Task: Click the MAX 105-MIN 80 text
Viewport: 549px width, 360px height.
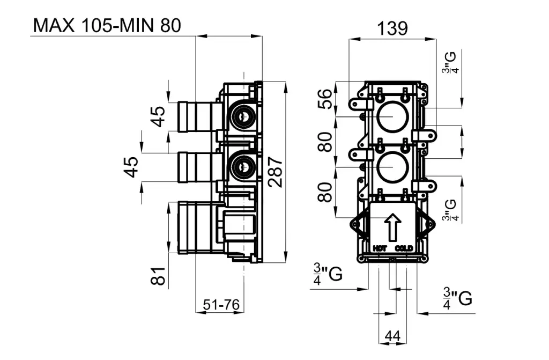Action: point(107,25)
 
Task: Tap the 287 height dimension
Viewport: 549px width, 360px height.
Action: point(275,172)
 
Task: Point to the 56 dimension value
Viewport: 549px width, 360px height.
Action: point(325,99)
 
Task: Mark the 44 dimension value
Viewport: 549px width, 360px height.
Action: point(393,336)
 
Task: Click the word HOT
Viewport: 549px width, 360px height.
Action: point(380,248)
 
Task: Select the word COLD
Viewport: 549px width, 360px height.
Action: point(403,248)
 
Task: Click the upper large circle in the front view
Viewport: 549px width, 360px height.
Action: point(392,116)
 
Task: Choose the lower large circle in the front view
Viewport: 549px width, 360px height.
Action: point(392,167)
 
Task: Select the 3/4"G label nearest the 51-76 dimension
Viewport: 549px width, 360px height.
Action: point(327,275)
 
